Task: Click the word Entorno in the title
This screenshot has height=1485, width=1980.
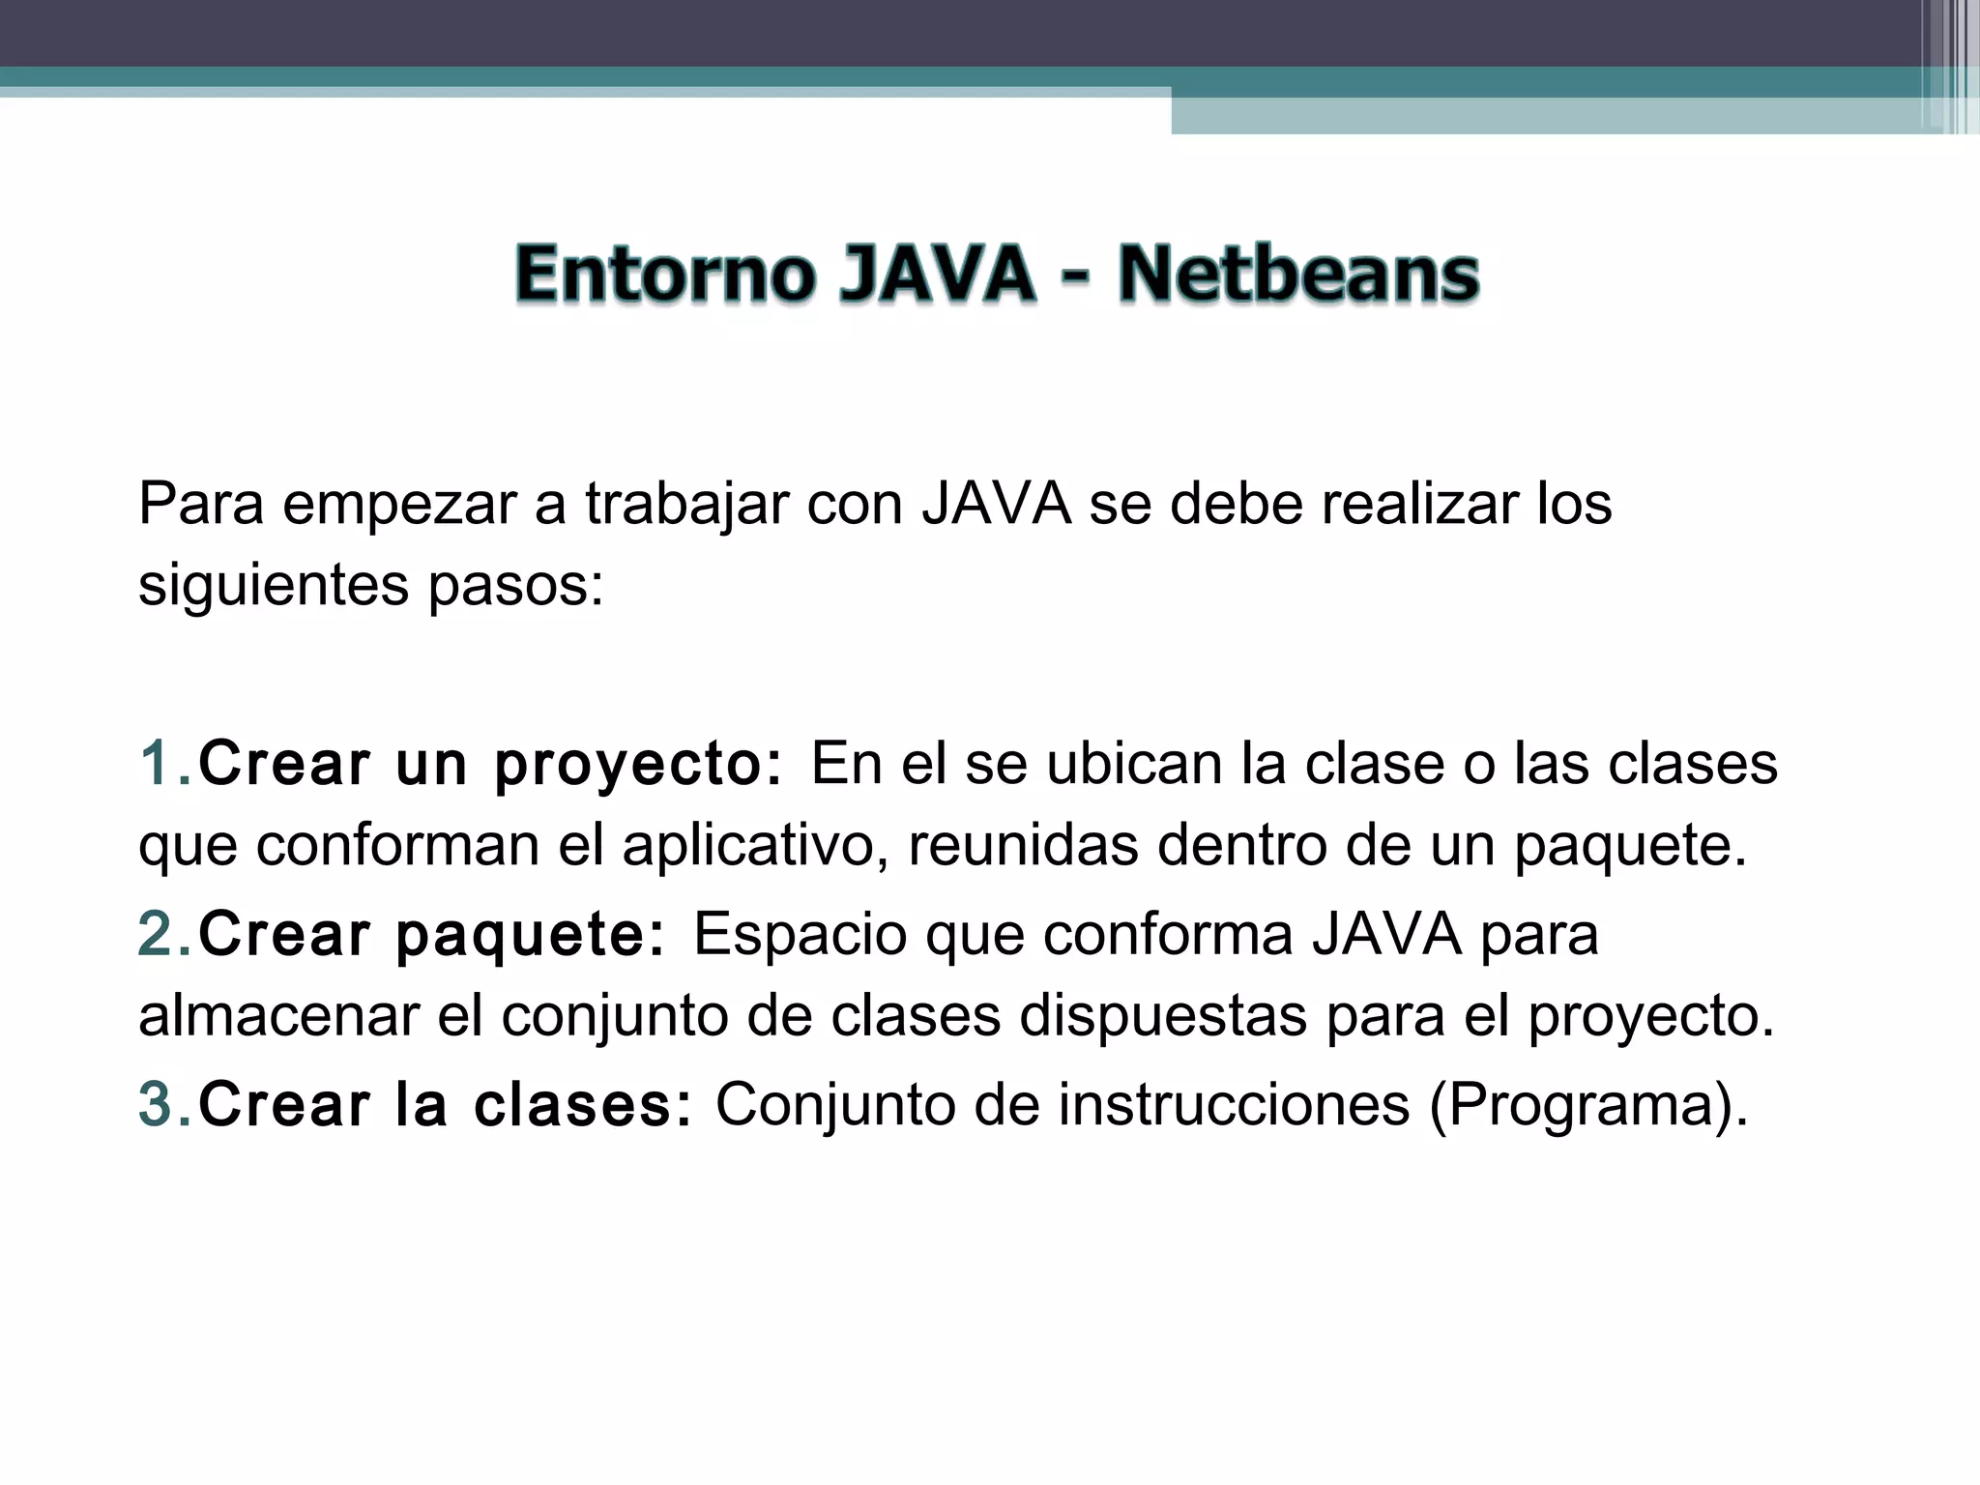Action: (665, 275)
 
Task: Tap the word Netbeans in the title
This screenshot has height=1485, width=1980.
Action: (1297, 275)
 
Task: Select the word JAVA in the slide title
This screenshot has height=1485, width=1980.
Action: (936, 275)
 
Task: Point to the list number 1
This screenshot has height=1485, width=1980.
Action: (158, 763)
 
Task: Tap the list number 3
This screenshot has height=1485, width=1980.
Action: (158, 1104)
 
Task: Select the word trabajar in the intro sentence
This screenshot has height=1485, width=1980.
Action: (686, 505)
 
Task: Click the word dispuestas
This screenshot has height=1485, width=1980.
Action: (1162, 1017)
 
